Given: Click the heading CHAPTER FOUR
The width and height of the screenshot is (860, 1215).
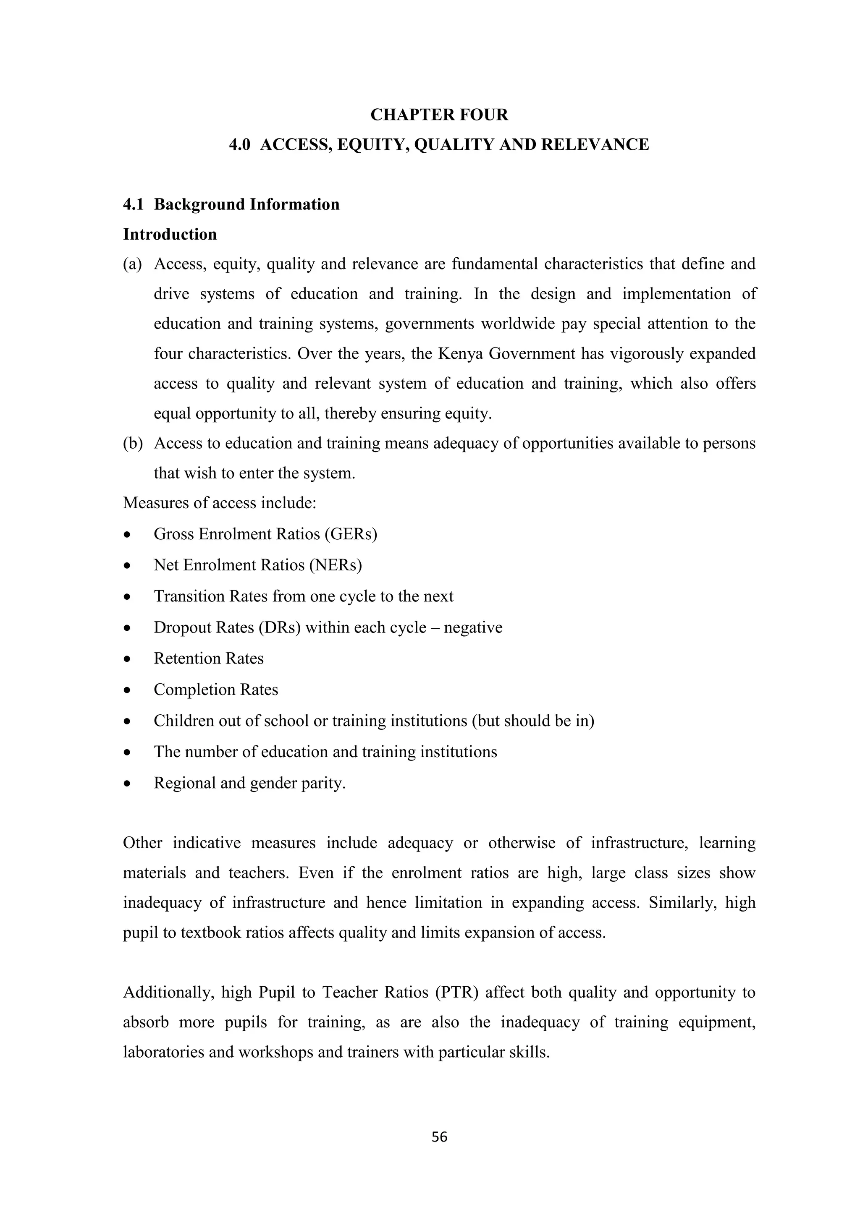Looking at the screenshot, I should tap(439, 115).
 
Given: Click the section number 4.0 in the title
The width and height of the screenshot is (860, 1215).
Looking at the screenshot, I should tap(239, 144).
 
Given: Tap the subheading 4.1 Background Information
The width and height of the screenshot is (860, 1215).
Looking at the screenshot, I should tap(231, 204).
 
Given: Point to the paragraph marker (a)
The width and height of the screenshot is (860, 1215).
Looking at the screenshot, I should tap(132, 264).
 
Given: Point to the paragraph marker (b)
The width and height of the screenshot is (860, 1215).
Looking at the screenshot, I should tap(132, 443).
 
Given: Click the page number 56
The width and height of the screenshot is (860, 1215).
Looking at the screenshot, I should tap(439, 1137).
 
